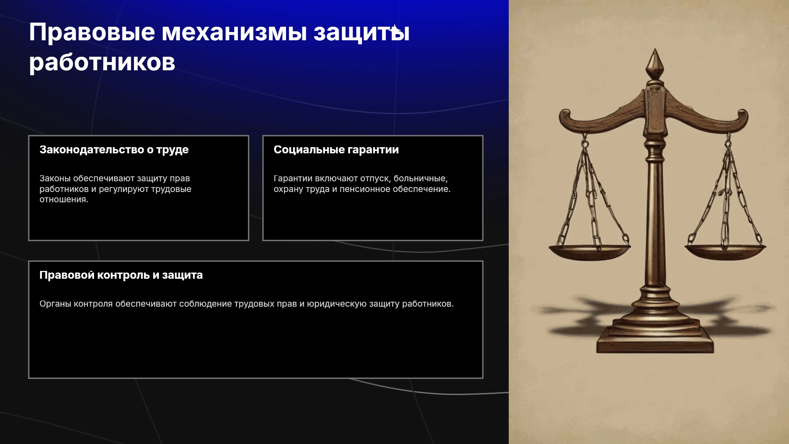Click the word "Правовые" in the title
tap(92, 32)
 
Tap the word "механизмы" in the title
tap(234, 32)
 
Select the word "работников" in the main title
tap(102, 62)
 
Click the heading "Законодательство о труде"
tap(114, 150)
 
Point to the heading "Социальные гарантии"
tap(336, 150)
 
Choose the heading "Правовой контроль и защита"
tap(121, 275)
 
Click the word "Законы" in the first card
tap(55, 178)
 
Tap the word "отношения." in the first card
tap(64, 199)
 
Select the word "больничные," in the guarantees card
tap(420, 178)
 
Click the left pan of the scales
tap(589, 252)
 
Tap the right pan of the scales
tap(725, 252)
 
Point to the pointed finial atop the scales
tap(655, 64)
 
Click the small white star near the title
tap(394, 29)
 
